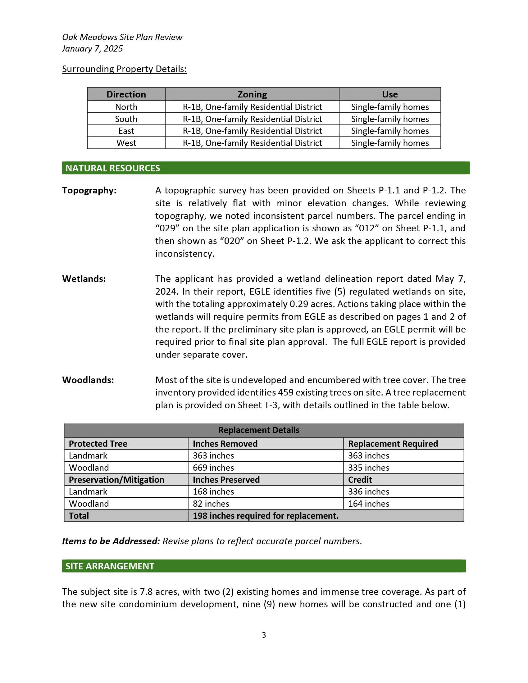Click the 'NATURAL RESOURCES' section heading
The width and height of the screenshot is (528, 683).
coord(113,168)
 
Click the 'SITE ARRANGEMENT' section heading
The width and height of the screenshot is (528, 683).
coord(110,566)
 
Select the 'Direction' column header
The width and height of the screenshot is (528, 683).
coord(126,94)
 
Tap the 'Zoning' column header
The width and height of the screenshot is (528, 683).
coord(252,94)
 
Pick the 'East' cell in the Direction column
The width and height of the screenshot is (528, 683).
coord(126,131)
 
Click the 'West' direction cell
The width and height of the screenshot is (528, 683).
coord(126,143)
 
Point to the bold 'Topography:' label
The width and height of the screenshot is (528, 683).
coord(89,190)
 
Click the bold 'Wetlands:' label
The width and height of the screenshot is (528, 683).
coord(84,279)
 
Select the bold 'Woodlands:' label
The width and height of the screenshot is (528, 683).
coord(88,380)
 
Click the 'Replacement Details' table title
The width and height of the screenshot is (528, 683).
coord(258,430)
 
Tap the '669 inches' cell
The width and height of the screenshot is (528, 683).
coord(213,468)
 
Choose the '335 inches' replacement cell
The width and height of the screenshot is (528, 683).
coord(368,468)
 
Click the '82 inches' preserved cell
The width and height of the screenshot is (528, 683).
coord(211,504)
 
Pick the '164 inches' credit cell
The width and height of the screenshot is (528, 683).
coord(368,504)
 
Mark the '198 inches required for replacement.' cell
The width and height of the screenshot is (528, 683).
coord(266,516)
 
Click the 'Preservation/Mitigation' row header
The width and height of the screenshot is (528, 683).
coord(116,480)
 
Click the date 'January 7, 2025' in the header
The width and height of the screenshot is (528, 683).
coord(92,49)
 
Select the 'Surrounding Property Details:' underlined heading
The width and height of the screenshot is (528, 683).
coord(124,69)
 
